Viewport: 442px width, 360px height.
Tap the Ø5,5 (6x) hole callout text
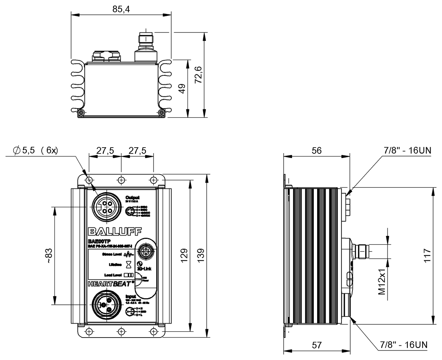pos(35,151)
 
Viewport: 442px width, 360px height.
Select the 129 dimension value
pos(184,254)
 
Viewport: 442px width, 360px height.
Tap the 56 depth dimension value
pos(316,150)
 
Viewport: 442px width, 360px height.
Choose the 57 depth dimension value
pos(316,345)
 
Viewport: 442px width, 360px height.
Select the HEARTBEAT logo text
pos(110,283)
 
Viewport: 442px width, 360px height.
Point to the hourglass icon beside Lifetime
pos(128,264)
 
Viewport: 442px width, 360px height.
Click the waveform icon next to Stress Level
pos(128,254)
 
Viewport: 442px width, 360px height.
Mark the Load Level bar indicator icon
pos(128,275)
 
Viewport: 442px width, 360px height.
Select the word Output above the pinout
pos(133,197)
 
